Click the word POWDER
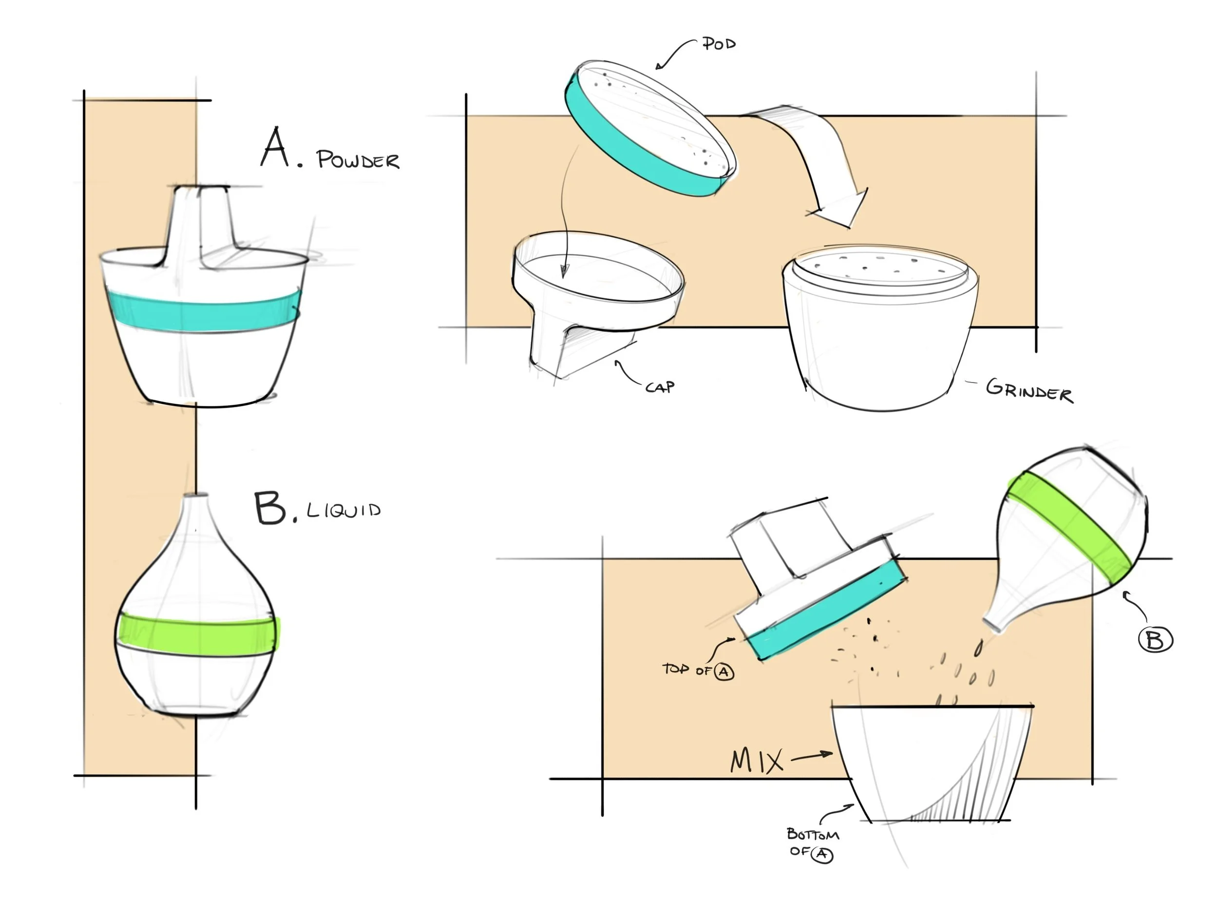pyautogui.click(x=358, y=160)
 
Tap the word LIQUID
pyautogui.click(x=343, y=510)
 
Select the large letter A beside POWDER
pyautogui.click(x=275, y=148)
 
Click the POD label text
pyautogui.click(x=719, y=43)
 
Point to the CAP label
pyautogui.click(x=660, y=387)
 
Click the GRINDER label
pyautogui.click(x=1029, y=391)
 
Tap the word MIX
pyautogui.click(x=757, y=761)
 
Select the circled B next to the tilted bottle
pyautogui.click(x=1155, y=640)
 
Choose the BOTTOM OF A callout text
pyautogui.click(x=812, y=843)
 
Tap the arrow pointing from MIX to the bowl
pyautogui.click(x=812, y=757)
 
